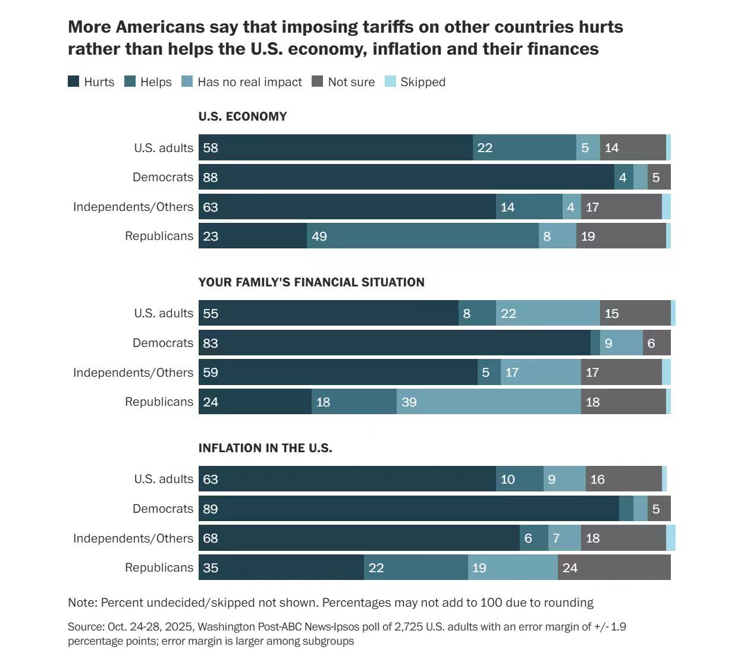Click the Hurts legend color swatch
[74, 82]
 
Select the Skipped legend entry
[422, 82]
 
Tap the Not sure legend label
[351, 82]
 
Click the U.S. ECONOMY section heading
[243, 116]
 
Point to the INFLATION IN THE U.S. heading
[265, 448]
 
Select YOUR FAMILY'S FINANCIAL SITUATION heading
[311, 282]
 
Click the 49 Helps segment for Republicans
[423, 236]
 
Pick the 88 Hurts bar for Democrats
[406, 177]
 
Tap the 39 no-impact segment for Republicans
[488, 402]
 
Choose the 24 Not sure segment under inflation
[614, 567]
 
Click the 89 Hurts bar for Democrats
[409, 509]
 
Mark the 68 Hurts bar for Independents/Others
[359, 538]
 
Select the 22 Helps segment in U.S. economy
[524, 147]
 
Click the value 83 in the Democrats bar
[211, 343]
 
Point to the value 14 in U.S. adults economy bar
[612, 147]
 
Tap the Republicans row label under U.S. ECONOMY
[159, 236]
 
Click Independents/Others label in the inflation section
[133, 538]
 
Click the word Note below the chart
[82, 603]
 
